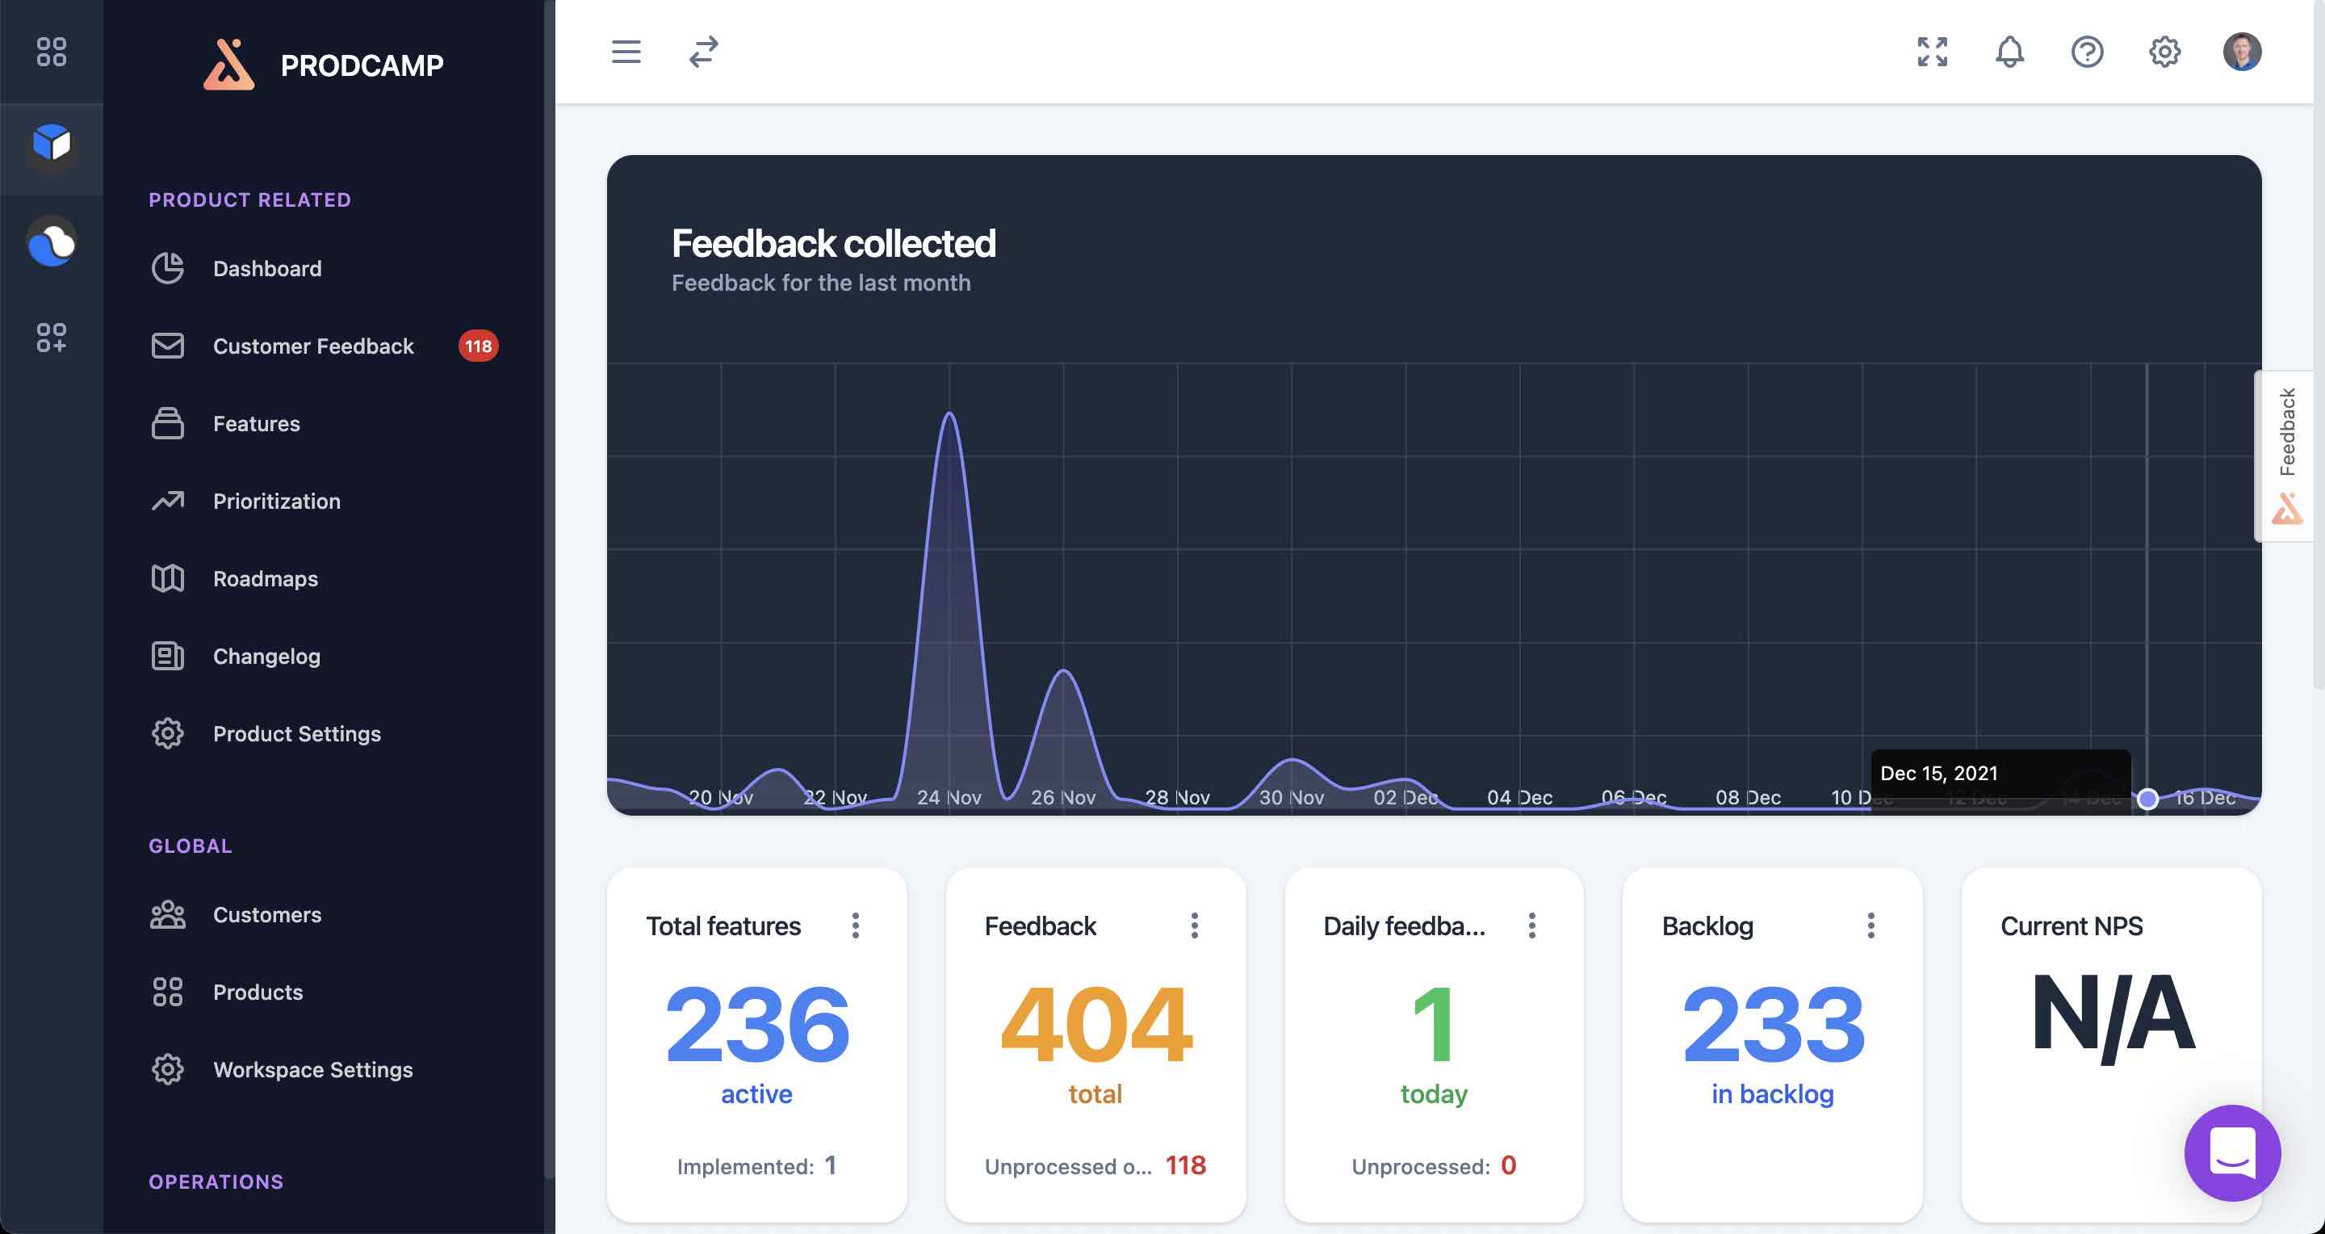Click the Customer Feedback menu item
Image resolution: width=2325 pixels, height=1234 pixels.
(312, 346)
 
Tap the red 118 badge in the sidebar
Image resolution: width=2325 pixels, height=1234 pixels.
(477, 346)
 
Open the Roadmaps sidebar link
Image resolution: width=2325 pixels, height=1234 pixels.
(265, 578)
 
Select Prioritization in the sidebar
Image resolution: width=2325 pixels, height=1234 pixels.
(276, 501)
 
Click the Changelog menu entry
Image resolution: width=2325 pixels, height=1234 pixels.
(266, 657)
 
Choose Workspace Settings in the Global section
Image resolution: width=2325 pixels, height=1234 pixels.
(312, 1070)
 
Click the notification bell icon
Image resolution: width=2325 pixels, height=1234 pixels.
(2009, 52)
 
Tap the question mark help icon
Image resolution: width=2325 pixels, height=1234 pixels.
(2087, 52)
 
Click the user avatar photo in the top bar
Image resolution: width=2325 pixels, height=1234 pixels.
(2241, 52)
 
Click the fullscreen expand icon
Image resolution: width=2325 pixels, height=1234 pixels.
(1933, 52)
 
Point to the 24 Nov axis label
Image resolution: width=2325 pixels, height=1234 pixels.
(949, 797)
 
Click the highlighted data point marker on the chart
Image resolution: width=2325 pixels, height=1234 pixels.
(2148, 799)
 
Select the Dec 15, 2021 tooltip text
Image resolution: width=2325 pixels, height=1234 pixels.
(1938, 773)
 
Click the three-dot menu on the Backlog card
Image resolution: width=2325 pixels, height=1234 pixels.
(1871, 925)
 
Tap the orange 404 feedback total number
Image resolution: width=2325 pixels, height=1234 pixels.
(1095, 1025)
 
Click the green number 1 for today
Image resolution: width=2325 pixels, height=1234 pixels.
(1433, 1025)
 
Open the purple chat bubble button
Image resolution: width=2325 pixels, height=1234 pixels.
(2232, 1152)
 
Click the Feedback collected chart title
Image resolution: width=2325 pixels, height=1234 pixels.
(833, 244)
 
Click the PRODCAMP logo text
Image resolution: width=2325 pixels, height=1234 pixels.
(362, 65)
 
